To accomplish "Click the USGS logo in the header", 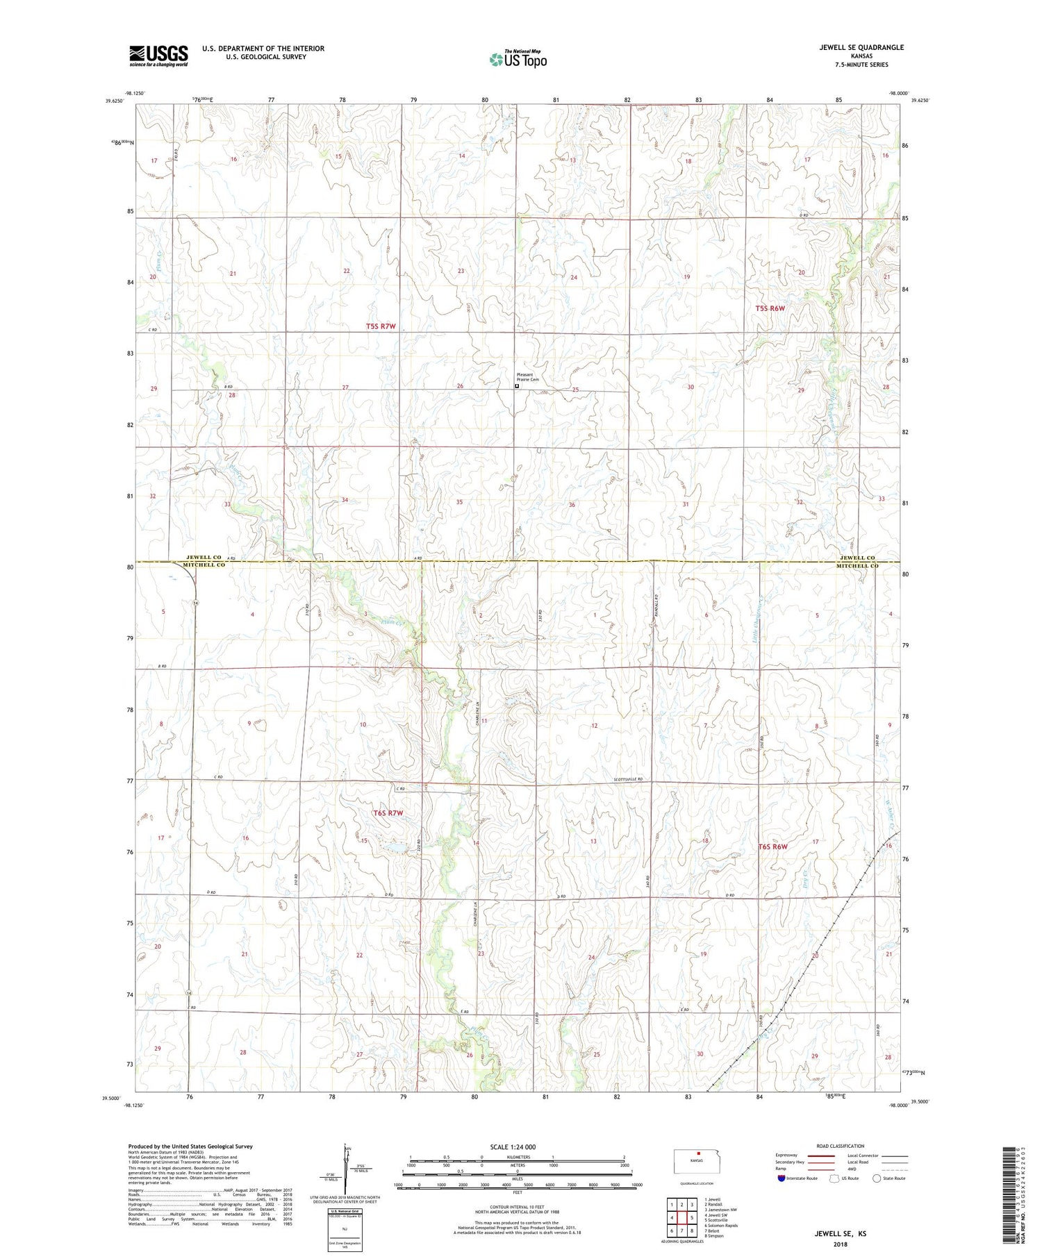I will tap(158, 56).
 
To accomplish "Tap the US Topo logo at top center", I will tap(518, 60).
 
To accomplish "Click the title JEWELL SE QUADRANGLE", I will tap(861, 47).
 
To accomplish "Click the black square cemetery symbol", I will tap(516, 386).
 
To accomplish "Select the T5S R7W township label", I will tap(381, 326).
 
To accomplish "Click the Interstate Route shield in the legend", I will tap(782, 1178).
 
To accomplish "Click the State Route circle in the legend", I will tap(877, 1178).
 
